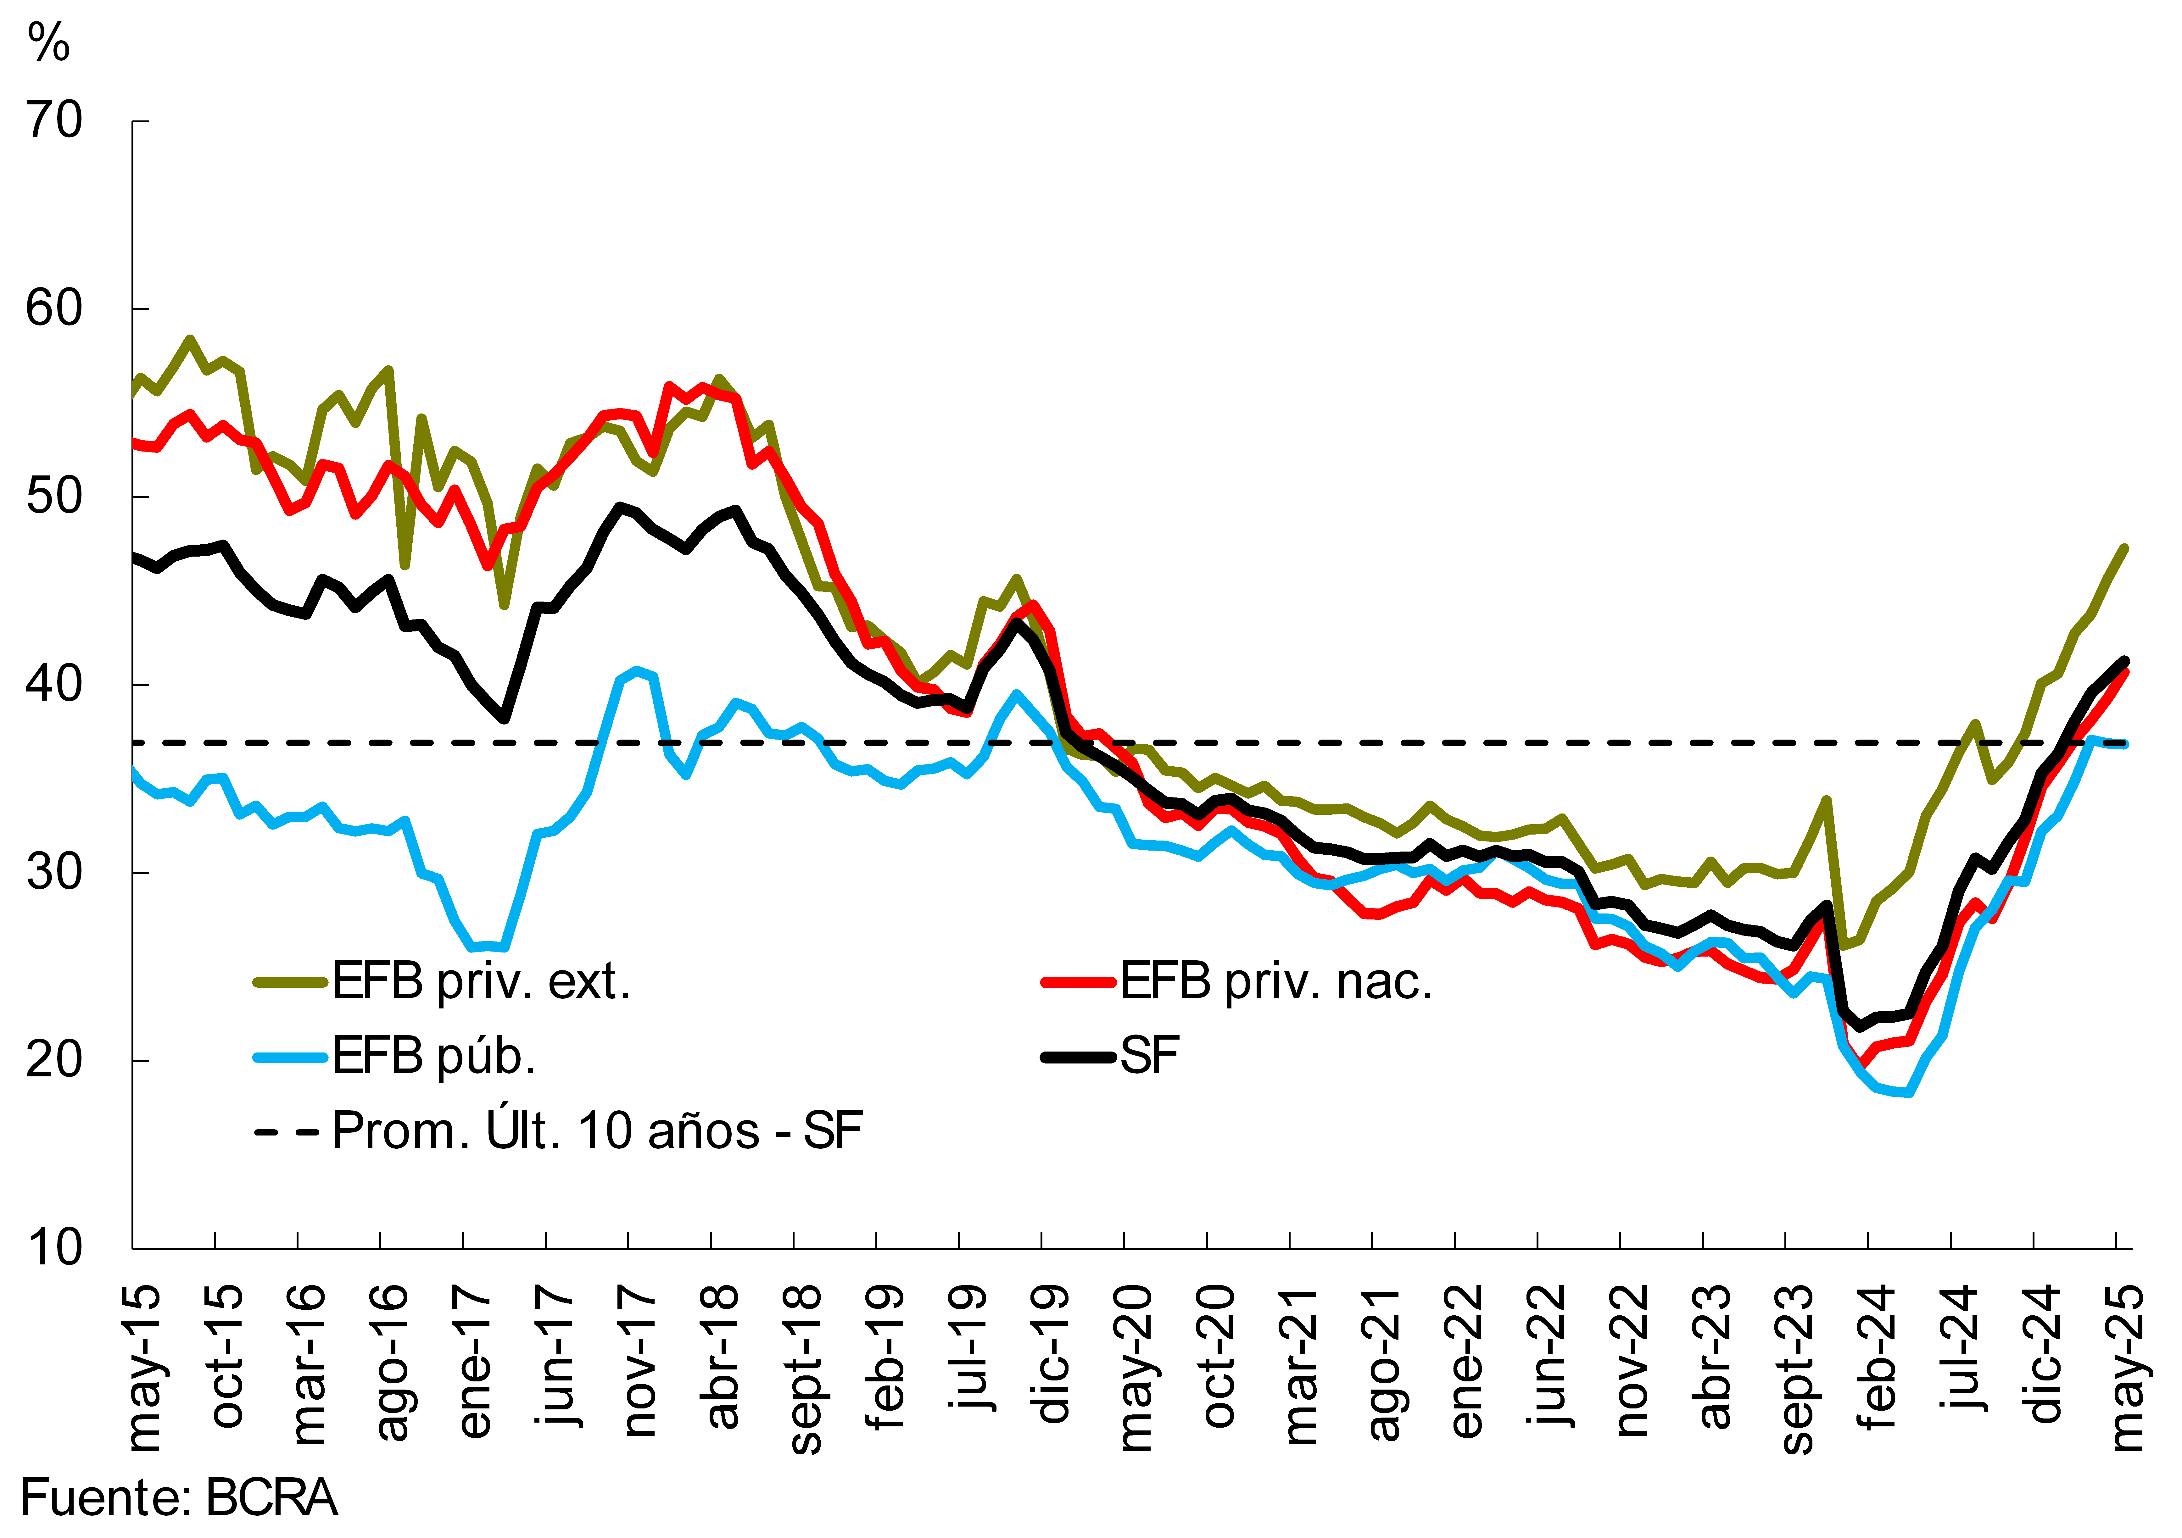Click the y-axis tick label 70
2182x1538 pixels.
tap(55, 122)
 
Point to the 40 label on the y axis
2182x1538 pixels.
tap(55, 684)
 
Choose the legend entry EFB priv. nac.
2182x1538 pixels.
tap(1275, 981)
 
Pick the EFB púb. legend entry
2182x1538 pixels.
tap(433, 1055)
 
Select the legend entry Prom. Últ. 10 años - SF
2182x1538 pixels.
tap(597, 1130)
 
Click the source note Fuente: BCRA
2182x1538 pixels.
tap(179, 1498)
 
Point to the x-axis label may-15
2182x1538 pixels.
tap(144, 1368)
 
